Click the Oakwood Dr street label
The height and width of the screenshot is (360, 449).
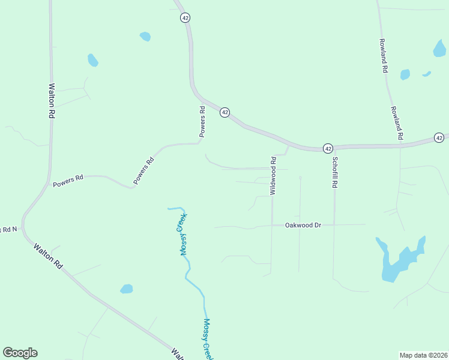pos(303,225)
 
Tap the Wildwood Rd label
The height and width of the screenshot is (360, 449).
pos(273,175)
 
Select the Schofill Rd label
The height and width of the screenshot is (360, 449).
pos(335,173)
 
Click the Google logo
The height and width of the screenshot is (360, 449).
pos(20,353)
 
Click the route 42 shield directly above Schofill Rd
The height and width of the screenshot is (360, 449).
pos(328,148)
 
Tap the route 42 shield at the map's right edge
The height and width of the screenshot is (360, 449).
pos(439,138)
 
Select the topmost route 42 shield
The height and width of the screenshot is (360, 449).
pos(185,17)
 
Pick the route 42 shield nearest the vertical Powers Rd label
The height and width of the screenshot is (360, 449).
pos(224,112)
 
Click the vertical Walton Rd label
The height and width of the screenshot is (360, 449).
pos(52,100)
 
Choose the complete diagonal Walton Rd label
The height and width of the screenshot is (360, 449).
pos(48,256)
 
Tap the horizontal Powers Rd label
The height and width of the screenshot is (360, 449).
pos(68,181)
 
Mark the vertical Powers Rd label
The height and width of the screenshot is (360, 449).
pos(203,121)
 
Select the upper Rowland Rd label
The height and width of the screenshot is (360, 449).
pos(382,56)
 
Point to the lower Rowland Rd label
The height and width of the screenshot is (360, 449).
pos(396,123)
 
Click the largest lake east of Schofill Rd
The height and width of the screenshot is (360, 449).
pos(399,261)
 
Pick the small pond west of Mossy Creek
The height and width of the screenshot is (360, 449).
pos(126,289)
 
